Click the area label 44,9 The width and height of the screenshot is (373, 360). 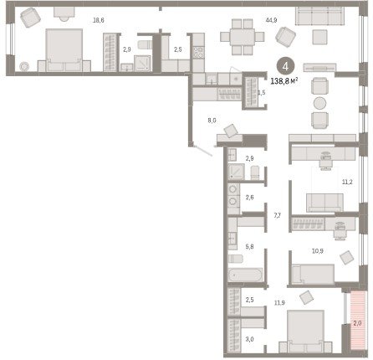point(271,20)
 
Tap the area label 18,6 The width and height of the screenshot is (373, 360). point(99,20)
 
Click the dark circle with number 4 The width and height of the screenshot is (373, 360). point(285,67)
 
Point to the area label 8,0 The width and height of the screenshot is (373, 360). point(212,121)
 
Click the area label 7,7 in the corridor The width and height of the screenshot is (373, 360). point(277,215)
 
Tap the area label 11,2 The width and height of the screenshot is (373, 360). point(347,182)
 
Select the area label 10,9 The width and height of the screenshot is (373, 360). point(318,251)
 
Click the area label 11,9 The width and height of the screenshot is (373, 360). point(279,302)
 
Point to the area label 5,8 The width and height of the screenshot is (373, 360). point(249,247)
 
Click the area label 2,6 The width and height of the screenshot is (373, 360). point(249,198)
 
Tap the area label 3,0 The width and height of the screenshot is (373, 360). point(249,339)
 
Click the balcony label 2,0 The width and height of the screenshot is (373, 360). point(357,323)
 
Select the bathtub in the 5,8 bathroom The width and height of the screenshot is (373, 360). point(245,275)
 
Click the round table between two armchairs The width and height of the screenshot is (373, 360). point(319,103)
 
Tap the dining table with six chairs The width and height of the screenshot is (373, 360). point(243,37)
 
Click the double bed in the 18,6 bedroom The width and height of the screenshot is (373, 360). point(64,50)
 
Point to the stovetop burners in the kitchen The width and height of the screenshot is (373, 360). point(198,53)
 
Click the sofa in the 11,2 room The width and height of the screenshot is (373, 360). point(324,203)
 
